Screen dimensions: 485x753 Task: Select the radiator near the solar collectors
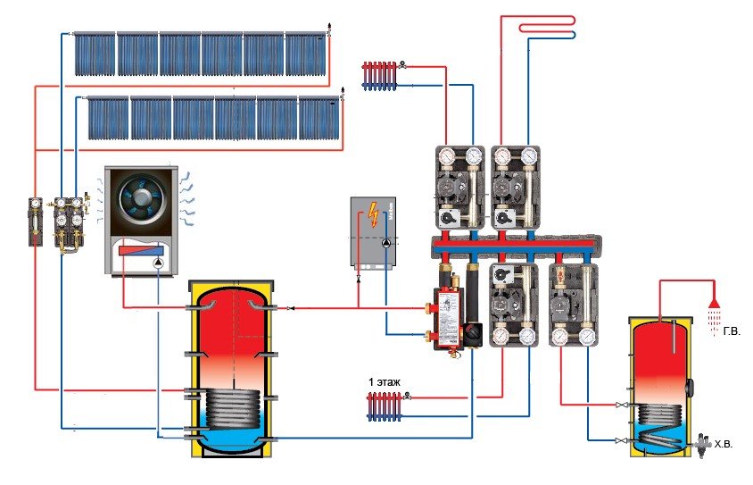tap(378, 73)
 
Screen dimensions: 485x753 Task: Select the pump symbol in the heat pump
tap(157, 262)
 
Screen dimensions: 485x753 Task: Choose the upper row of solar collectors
tap(203, 54)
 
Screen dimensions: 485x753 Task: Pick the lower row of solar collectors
tap(215, 117)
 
